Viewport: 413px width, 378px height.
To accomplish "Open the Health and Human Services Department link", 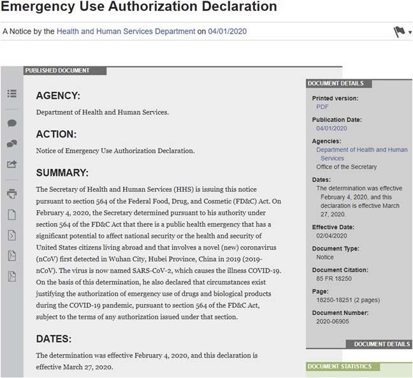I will [126, 31].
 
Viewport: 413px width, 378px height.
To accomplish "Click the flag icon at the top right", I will [399, 32].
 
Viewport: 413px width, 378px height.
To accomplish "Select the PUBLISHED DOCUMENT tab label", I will [57, 71].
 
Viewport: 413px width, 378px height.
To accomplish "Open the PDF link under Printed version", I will [322, 107].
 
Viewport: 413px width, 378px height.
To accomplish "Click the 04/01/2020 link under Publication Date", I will [331, 128].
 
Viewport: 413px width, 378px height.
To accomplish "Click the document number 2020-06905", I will [331, 321].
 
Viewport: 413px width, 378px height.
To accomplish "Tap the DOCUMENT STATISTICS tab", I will [343, 367].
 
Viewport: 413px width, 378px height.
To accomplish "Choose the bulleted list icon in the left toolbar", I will [11, 94].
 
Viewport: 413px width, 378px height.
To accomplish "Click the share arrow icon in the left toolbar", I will [11, 164].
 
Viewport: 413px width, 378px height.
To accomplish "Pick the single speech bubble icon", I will [11, 123].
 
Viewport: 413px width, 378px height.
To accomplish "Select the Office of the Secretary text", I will [346, 167].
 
